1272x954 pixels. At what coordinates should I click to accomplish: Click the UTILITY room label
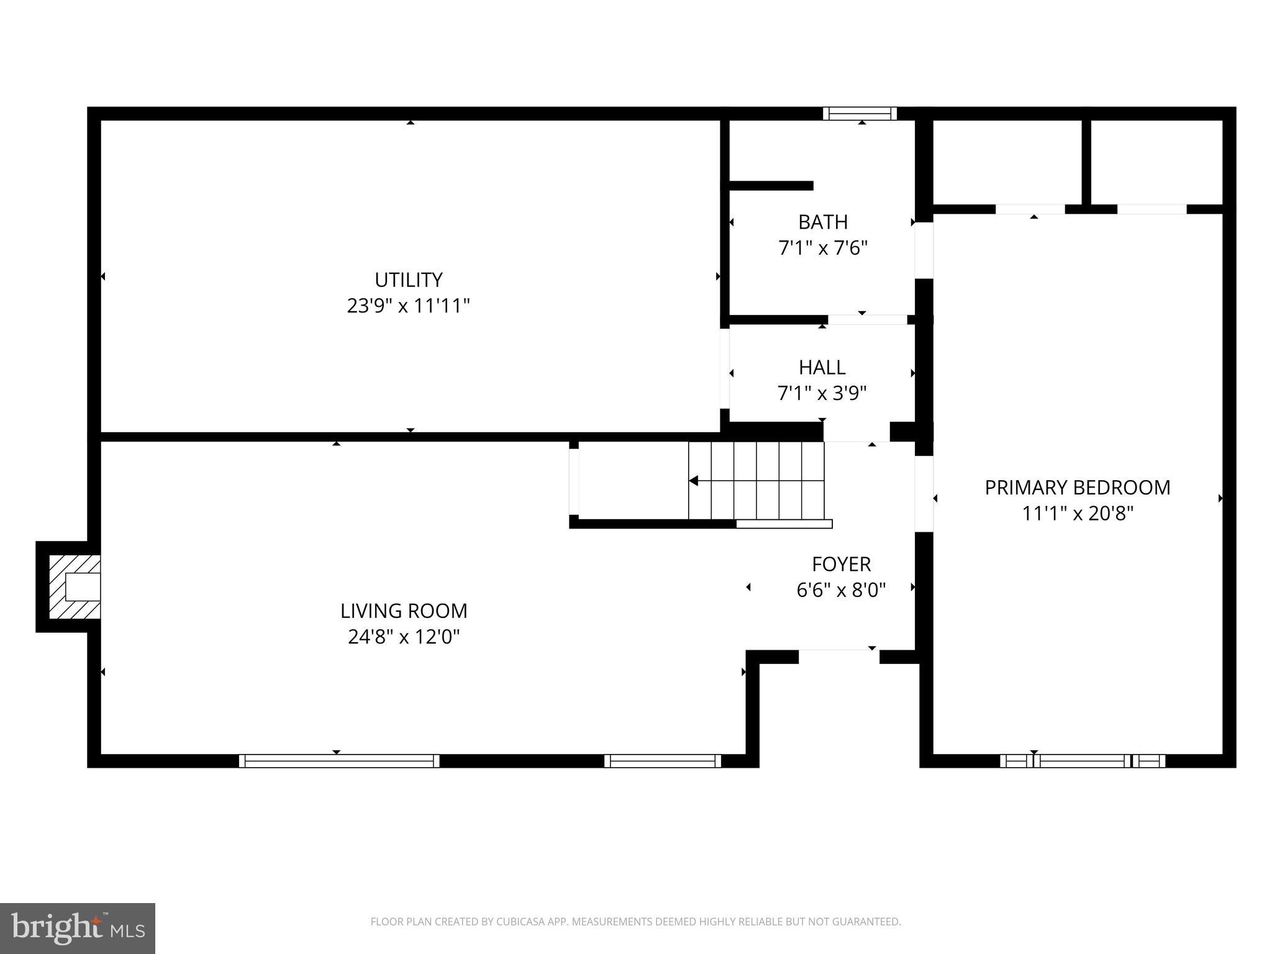coord(408,280)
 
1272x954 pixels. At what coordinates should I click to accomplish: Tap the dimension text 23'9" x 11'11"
coord(408,306)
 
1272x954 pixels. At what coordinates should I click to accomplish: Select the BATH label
coord(822,222)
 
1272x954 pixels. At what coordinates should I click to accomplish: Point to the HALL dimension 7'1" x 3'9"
coord(822,394)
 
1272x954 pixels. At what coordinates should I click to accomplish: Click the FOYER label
coord(841,564)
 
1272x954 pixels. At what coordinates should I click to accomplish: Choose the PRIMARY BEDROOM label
coord(1077,488)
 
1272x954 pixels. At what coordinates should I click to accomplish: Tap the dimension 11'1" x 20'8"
coord(1077,514)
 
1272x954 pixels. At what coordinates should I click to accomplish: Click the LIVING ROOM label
coord(404,611)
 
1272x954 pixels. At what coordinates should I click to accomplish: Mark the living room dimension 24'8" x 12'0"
coord(404,637)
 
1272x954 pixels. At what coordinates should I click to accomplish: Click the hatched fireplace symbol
coord(73,587)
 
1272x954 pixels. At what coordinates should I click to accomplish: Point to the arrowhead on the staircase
coord(694,481)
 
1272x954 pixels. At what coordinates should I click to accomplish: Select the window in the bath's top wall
coord(860,113)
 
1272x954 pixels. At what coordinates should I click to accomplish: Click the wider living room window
coord(339,761)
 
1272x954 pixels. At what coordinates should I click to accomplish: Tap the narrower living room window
coord(662,761)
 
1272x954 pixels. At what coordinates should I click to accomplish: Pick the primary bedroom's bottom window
coord(1082,761)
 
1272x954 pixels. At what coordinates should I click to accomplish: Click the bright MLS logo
coord(77,929)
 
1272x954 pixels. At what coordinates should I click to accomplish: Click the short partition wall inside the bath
coord(770,186)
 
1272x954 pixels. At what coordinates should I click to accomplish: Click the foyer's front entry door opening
coord(838,656)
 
